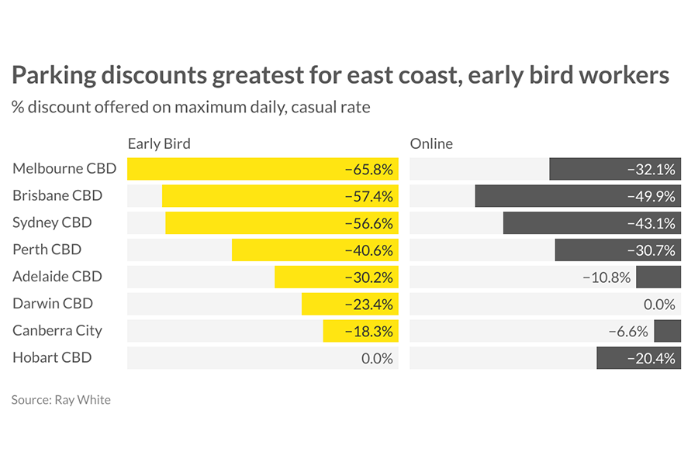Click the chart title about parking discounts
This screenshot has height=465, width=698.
point(340,75)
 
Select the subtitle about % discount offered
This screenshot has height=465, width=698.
point(191,107)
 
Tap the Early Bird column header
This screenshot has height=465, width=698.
point(159,143)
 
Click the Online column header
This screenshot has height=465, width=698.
point(431,143)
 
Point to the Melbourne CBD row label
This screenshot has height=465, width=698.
point(64,168)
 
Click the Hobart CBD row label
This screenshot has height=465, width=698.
point(52,357)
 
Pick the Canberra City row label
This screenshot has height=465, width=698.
point(57,330)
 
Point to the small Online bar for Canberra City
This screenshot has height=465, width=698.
point(667,331)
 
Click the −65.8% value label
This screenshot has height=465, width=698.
point(369,169)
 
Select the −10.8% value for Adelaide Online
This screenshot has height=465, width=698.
point(606,277)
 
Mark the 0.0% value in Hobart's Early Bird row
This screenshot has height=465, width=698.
point(377,358)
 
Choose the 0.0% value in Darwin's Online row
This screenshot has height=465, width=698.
point(659,305)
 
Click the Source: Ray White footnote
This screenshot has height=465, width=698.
point(61,400)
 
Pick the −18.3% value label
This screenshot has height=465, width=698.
point(369,331)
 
